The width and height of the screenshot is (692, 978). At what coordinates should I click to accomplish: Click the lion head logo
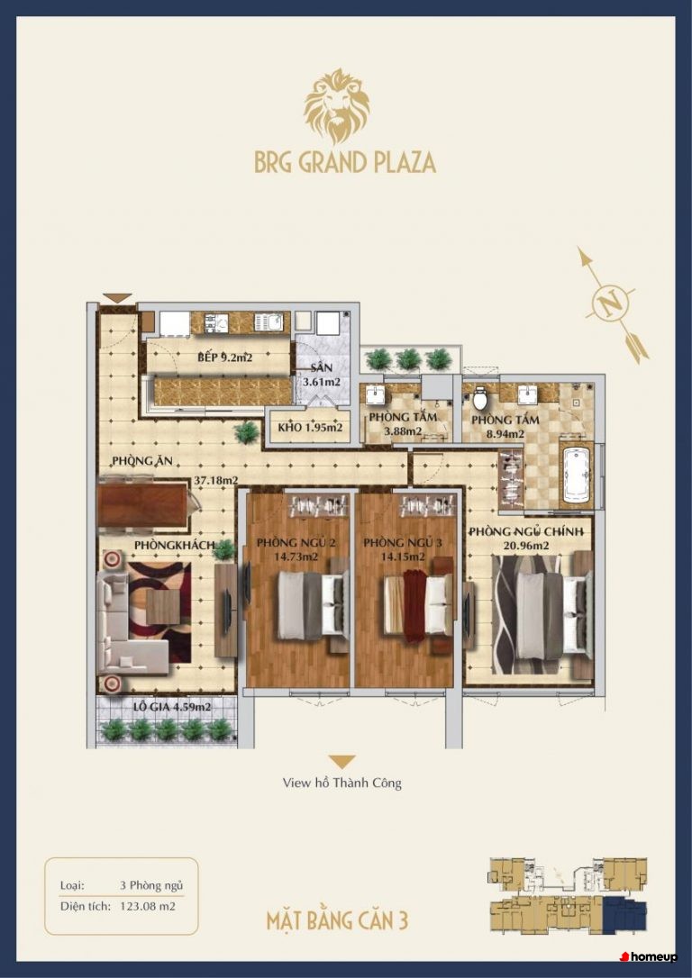point(337,106)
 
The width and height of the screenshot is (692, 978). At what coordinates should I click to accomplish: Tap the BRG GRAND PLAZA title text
point(345,162)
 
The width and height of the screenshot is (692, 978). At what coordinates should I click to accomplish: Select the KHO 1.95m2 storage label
point(310,428)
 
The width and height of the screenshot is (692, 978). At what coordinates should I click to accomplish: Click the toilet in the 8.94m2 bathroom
point(480,396)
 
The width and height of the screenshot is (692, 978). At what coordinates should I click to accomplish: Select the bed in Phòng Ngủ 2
point(310,605)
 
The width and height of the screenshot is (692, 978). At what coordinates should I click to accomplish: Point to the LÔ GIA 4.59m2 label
point(172,707)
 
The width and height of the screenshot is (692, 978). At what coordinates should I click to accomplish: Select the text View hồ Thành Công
point(341,783)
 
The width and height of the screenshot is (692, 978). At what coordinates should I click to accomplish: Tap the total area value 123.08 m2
point(147,906)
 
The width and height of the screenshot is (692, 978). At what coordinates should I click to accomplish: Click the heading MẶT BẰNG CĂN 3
point(337,921)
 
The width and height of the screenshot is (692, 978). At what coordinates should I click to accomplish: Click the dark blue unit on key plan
point(624,915)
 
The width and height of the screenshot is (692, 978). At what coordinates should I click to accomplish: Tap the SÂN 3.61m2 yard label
point(322,376)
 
